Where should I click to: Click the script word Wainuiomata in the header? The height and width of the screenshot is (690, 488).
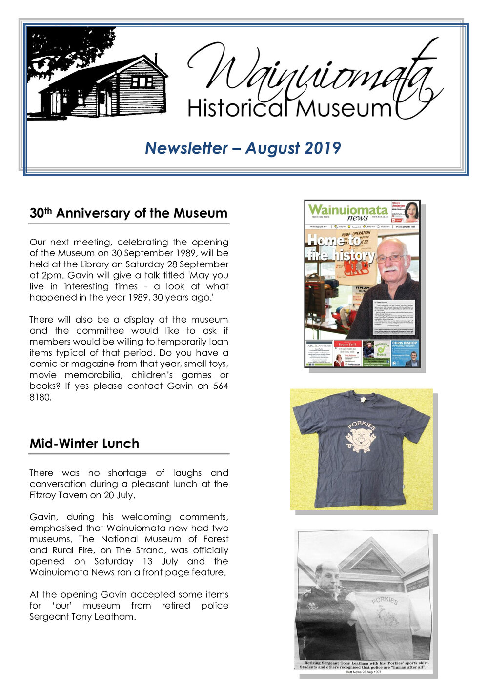312,73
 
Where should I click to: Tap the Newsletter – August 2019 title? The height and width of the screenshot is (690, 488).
243,148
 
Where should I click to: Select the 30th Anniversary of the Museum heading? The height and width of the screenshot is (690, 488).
128,213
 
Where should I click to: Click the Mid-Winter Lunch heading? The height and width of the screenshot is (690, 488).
84,444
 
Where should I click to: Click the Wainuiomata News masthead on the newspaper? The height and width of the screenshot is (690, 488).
348,212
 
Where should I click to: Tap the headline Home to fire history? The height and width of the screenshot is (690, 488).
340,247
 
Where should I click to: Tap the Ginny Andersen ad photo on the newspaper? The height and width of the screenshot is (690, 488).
411,211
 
